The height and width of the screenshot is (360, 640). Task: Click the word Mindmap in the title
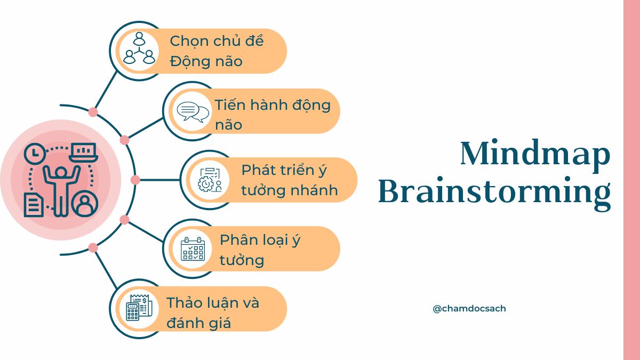[535, 154]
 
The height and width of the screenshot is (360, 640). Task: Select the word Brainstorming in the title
[494, 193]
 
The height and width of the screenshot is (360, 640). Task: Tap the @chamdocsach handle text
[469, 308]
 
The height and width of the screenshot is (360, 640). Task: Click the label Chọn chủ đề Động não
[217, 51]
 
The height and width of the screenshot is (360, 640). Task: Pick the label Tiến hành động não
[273, 114]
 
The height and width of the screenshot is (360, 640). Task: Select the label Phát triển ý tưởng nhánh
[289, 180]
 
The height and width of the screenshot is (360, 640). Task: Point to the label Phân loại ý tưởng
[260, 250]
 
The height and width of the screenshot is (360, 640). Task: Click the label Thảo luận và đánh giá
[213, 313]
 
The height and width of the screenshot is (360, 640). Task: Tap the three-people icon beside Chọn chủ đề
[139, 49]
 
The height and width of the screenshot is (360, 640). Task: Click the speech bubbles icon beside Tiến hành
[193, 111]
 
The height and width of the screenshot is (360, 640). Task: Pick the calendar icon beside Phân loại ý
[193, 249]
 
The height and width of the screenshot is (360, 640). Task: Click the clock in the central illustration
[35, 154]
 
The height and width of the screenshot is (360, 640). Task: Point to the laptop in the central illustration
[83, 153]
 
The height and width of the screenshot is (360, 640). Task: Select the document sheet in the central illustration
[34, 205]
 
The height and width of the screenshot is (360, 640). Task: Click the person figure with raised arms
[61, 187]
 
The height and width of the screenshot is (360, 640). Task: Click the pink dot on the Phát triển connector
[135, 180]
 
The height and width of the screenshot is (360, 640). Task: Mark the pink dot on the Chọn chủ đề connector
[93, 112]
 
